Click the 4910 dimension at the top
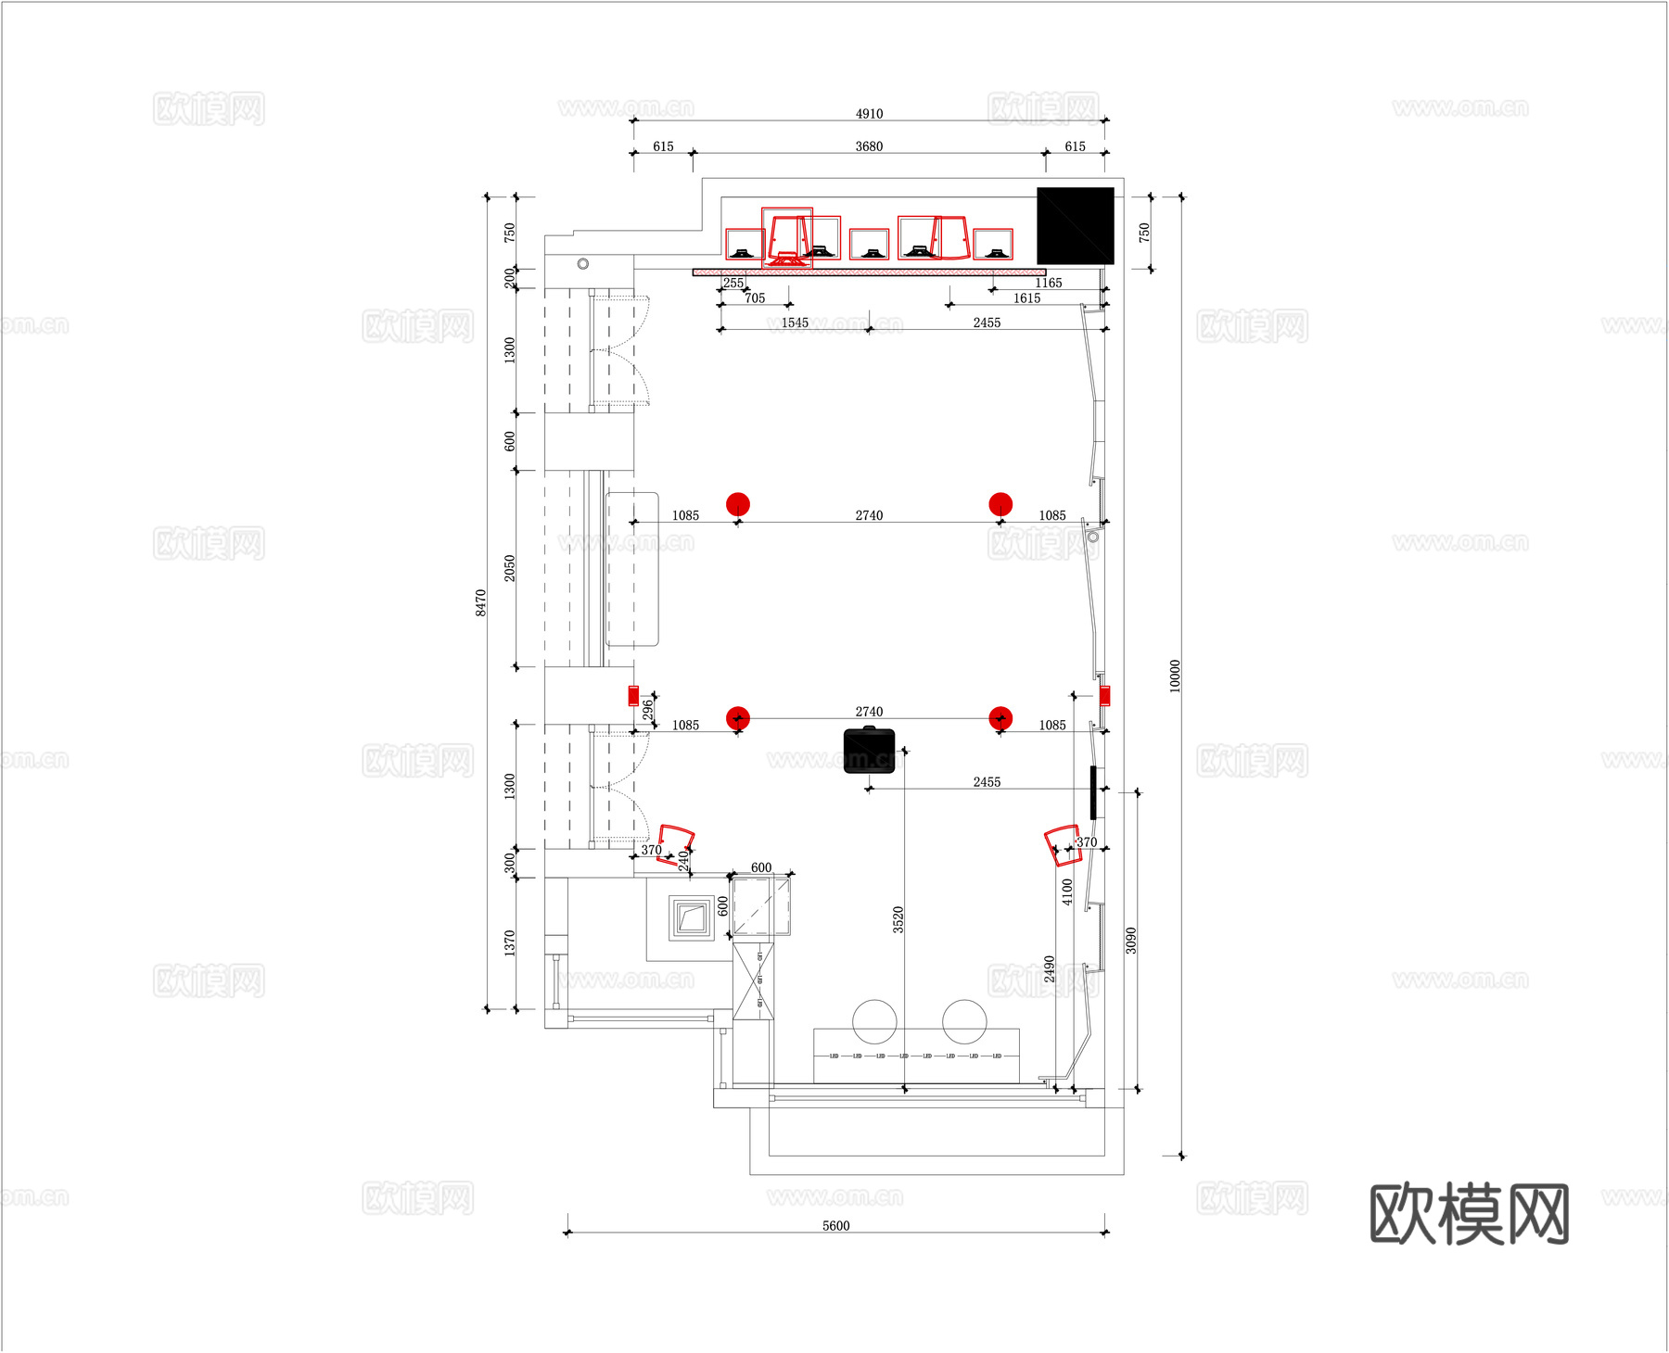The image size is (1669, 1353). pyautogui.click(x=869, y=114)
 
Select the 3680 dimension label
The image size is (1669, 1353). pyautogui.click(x=869, y=146)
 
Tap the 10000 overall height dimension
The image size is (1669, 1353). pyautogui.click(x=1175, y=676)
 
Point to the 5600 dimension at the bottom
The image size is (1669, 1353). pyautogui.click(x=835, y=1226)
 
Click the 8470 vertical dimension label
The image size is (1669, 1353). pyautogui.click(x=480, y=602)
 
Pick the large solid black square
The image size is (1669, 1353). pyautogui.click(x=1075, y=226)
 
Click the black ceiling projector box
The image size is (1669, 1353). pyautogui.click(x=870, y=751)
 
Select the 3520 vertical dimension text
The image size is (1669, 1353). pyautogui.click(x=898, y=919)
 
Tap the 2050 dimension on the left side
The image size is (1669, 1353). pyautogui.click(x=509, y=568)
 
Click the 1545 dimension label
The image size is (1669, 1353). pyautogui.click(x=795, y=322)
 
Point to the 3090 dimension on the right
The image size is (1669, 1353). pyautogui.click(x=1130, y=940)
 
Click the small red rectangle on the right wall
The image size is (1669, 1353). pyautogui.click(x=1104, y=696)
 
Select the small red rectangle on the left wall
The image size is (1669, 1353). pyautogui.click(x=633, y=695)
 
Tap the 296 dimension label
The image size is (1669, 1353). pyautogui.click(x=647, y=710)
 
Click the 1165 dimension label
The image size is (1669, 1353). pyautogui.click(x=1049, y=283)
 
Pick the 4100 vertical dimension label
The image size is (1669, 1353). pyautogui.click(x=1066, y=891)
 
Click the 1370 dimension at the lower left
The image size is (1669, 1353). pyautogui.click(x=509, y=943)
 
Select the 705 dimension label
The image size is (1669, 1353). pyautogui.click(x=755, y=297)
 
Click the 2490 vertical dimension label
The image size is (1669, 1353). pyautogui.click(x=1049, y=969)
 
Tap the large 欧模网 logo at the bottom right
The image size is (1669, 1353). pyautogui.click(x=1469, y=1214)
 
